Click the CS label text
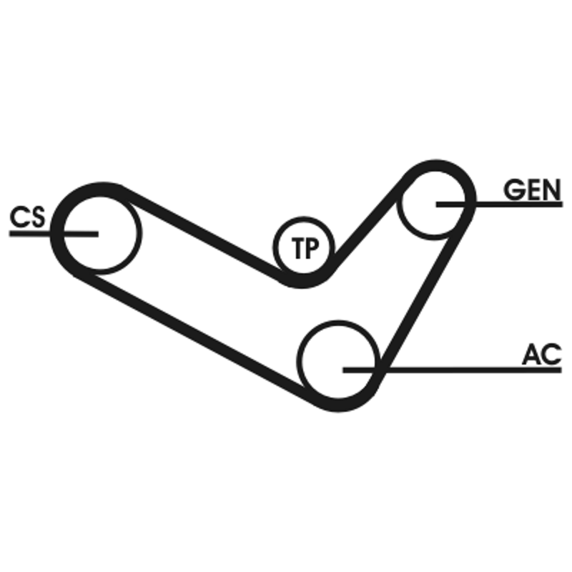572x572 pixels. (26, 216)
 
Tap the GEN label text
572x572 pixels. (531, 189)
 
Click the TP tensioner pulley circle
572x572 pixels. (302, 250)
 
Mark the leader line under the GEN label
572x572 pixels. (515, 204)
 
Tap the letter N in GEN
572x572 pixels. (551, 189)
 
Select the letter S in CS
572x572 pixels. (35, 216)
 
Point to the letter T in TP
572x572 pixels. (296, 250)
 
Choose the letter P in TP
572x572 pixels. (311, 250)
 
